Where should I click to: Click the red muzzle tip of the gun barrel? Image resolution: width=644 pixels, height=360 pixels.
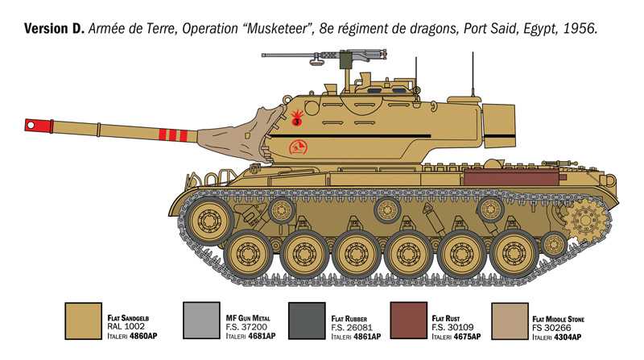(31, 124)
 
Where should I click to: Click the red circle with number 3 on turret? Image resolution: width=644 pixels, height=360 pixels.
(296, 122)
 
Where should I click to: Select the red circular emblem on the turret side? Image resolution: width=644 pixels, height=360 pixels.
(298, 147)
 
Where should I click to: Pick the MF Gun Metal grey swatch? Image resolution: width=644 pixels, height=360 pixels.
(201, 320)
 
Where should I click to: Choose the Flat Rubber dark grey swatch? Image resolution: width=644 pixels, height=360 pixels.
(305, 320)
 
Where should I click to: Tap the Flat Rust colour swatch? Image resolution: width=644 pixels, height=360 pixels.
(408, 320)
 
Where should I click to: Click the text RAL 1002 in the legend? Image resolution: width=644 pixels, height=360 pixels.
(129, 326)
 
